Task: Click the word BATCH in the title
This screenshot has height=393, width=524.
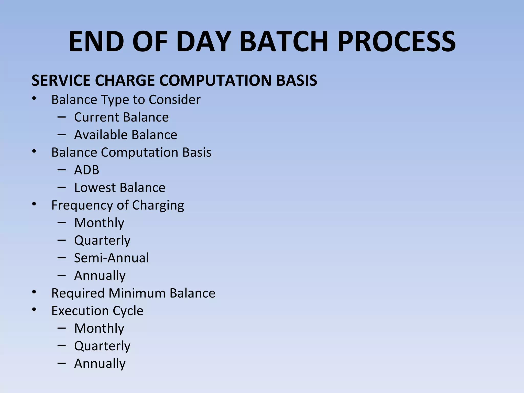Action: point(284,41)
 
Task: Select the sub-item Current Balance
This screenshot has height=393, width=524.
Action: point(121,117)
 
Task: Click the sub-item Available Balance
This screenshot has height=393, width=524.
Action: point(125,135)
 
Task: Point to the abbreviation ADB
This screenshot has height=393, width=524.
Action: point(86,170)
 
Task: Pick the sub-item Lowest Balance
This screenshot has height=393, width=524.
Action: point(119,188)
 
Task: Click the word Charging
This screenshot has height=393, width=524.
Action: point(158,205)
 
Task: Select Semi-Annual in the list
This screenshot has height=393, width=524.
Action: point(111,258)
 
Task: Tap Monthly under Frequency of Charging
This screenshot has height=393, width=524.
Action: point(99,223)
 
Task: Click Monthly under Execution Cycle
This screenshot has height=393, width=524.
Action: point(99,328)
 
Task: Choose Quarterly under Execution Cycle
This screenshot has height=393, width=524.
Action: point(102,346)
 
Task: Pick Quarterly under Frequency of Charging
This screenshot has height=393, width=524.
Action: point(102,241)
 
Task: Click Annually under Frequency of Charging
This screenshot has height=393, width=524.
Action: point(100,276)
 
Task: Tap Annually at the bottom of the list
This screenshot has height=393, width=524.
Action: point(100,364)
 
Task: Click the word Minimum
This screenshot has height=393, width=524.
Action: point(137,293)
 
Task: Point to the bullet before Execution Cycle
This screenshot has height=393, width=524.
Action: point(34,310)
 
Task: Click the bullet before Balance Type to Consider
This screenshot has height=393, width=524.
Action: point(34,99)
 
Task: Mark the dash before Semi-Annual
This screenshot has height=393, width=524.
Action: point(62,258)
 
